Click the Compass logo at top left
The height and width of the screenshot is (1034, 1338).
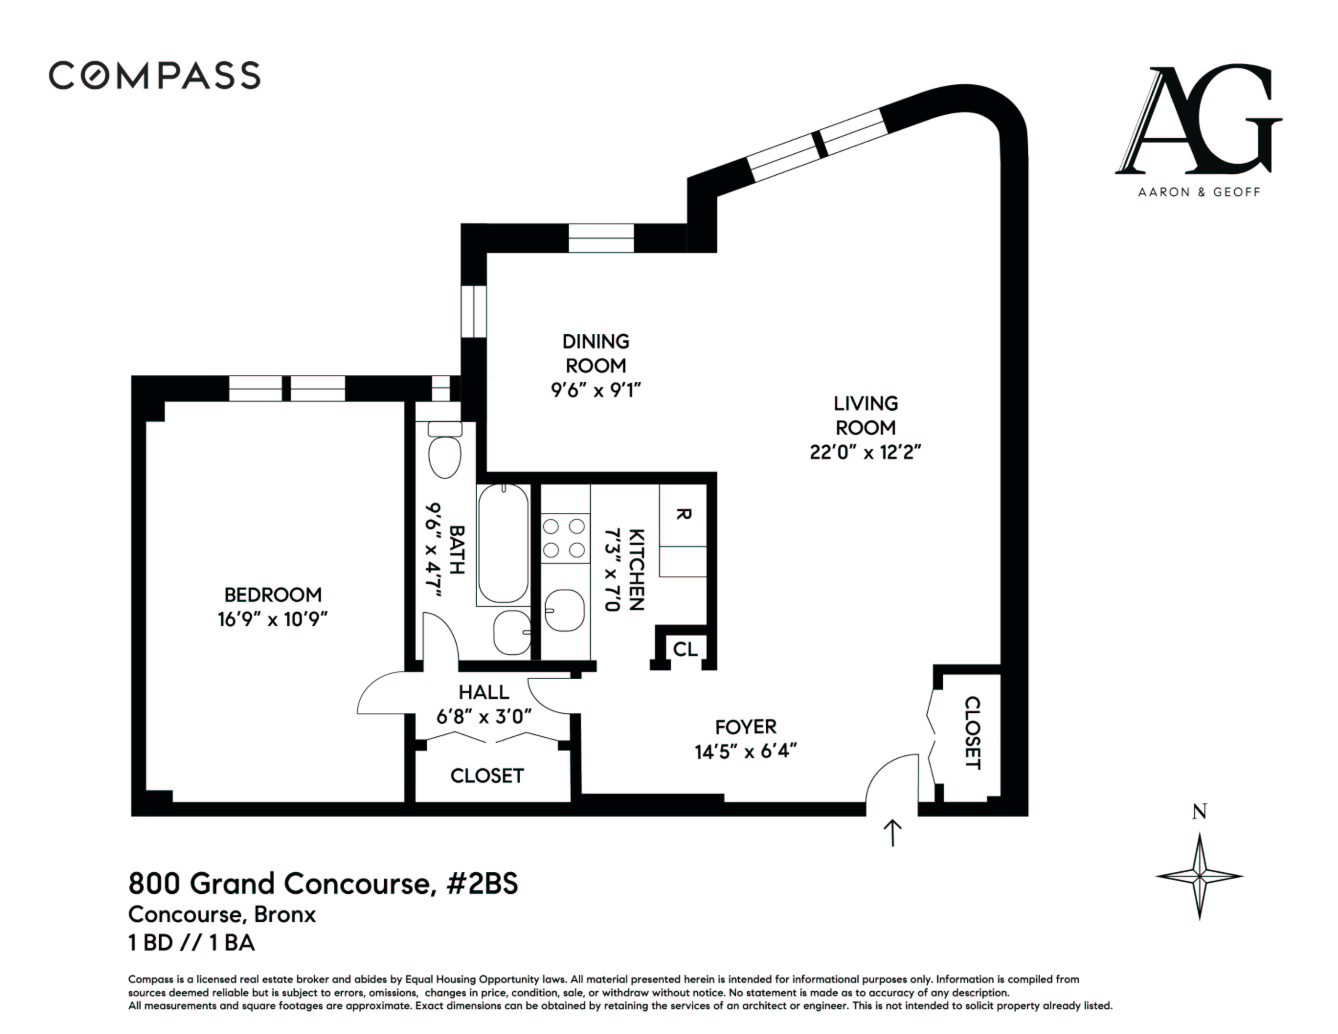point(154,75)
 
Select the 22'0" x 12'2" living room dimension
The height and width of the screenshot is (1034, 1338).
point(865,452)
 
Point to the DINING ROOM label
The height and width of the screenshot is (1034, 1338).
point(596,353)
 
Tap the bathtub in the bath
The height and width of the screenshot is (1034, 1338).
point(503,544)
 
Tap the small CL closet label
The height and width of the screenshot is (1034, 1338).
point(685,649)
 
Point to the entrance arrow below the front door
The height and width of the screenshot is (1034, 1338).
point(893,833)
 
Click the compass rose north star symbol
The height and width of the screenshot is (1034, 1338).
point(1199,877)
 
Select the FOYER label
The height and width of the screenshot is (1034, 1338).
point(745,727)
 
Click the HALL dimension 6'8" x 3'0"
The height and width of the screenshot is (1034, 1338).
point(483,716)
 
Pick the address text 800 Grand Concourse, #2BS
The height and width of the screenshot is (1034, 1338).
point(323,884)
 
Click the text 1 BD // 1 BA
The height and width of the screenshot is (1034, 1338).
point(191,943)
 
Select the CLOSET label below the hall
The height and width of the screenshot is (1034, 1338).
point(487,776)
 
